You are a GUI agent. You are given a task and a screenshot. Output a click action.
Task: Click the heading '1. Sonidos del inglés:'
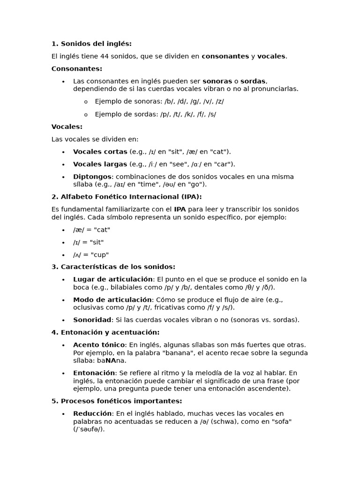click(x=91, y=44)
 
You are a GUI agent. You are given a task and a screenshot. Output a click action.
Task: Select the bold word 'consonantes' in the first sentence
click(x=225, y=56)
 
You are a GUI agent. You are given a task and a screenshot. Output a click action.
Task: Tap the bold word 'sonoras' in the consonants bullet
click(x=217, y=81)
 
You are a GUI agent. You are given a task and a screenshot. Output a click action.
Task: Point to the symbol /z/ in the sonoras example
click(x=219, y=101)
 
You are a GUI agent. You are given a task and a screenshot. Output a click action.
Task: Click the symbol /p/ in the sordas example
click(x=164, y=114)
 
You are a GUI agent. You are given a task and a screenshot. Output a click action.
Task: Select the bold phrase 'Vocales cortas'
click(x=100, y=152)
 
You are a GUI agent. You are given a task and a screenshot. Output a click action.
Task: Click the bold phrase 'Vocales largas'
click(x=100, y=164)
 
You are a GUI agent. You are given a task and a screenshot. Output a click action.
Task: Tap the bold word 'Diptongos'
click(x=92, y=177)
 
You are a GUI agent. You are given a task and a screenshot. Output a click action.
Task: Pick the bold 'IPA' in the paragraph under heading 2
click(x=180, y=210)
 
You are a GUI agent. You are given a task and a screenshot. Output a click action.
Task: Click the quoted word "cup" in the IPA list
click(x=100, y=255)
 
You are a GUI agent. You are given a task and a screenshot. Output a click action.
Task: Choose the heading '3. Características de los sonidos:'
click(x=113, y=267)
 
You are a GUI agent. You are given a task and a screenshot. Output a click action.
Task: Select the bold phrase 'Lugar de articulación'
click(x=106, y=279)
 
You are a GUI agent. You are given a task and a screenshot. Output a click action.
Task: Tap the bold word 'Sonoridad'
click(x=92, y=320)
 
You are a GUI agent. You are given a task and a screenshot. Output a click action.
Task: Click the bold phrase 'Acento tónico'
click(x=99, y=345)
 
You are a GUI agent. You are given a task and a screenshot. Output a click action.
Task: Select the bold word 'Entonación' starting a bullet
click(x=94, y=373)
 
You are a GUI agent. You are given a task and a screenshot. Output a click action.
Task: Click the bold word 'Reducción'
click(x=92, y=414)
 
